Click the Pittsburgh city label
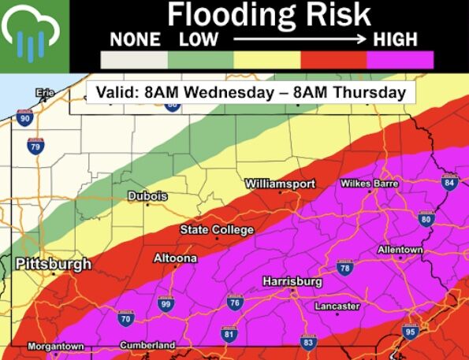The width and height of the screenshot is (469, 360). [54, 264]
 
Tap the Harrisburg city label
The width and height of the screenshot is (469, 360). [292, 281]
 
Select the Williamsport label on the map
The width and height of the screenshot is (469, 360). [280, 183]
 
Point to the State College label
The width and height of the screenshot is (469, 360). [217, 230]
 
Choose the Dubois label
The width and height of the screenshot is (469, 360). [147, 196]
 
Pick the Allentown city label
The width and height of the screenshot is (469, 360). [400, 250]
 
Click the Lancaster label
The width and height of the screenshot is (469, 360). [337, 306]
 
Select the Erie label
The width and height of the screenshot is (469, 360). [46, 94]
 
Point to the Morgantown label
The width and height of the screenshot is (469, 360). [55, 347]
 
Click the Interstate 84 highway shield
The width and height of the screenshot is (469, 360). [449, 183]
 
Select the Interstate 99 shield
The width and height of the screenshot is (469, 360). [166, 303]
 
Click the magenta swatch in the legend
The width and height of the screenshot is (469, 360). [400, 60]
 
